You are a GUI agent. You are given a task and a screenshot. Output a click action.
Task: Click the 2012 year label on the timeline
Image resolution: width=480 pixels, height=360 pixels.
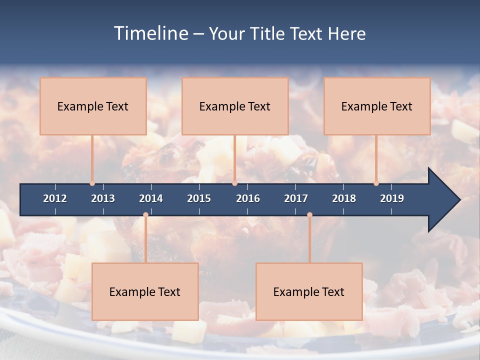tap(55, 198)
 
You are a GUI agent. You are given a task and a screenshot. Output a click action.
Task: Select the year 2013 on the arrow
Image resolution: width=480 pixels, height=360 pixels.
tap(103, 198)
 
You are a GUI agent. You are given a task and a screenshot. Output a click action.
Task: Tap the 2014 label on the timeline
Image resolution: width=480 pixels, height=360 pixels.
tap(151, 198)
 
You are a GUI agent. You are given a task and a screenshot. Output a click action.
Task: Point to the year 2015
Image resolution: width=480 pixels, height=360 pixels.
tap(199, 198)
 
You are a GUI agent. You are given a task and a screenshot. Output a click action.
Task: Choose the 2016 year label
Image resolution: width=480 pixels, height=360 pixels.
tap(248, 198)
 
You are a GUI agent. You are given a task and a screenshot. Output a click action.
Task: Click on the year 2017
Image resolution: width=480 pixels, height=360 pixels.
tap(296, 198)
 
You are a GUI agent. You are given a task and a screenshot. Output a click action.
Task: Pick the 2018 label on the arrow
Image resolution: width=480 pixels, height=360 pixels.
tap(344, 198)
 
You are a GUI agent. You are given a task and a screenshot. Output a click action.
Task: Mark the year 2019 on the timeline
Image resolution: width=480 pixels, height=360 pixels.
tap(392, 198)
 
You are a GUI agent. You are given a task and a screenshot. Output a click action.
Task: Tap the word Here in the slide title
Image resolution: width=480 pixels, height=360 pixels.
tap(346, 33)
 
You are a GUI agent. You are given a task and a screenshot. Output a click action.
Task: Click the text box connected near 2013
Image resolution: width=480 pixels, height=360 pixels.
tap(93, 106)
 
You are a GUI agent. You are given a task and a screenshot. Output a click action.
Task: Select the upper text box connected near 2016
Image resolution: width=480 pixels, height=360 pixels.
tap(235, 106)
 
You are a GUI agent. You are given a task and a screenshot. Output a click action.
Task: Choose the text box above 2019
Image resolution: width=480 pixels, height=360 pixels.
tap(377, 106)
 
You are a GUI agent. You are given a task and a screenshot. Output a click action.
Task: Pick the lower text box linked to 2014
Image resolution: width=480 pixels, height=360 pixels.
tap(145, 291)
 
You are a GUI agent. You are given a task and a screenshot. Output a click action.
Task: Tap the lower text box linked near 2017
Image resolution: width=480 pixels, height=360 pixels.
tap(309, 291)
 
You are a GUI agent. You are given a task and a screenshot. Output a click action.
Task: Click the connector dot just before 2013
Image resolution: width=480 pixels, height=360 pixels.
tap(92, 183)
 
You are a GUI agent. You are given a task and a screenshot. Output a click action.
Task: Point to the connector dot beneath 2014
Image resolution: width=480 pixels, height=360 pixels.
tap(145, 215)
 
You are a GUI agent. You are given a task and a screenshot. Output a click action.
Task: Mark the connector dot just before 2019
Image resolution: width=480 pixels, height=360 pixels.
tap(376, 183)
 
